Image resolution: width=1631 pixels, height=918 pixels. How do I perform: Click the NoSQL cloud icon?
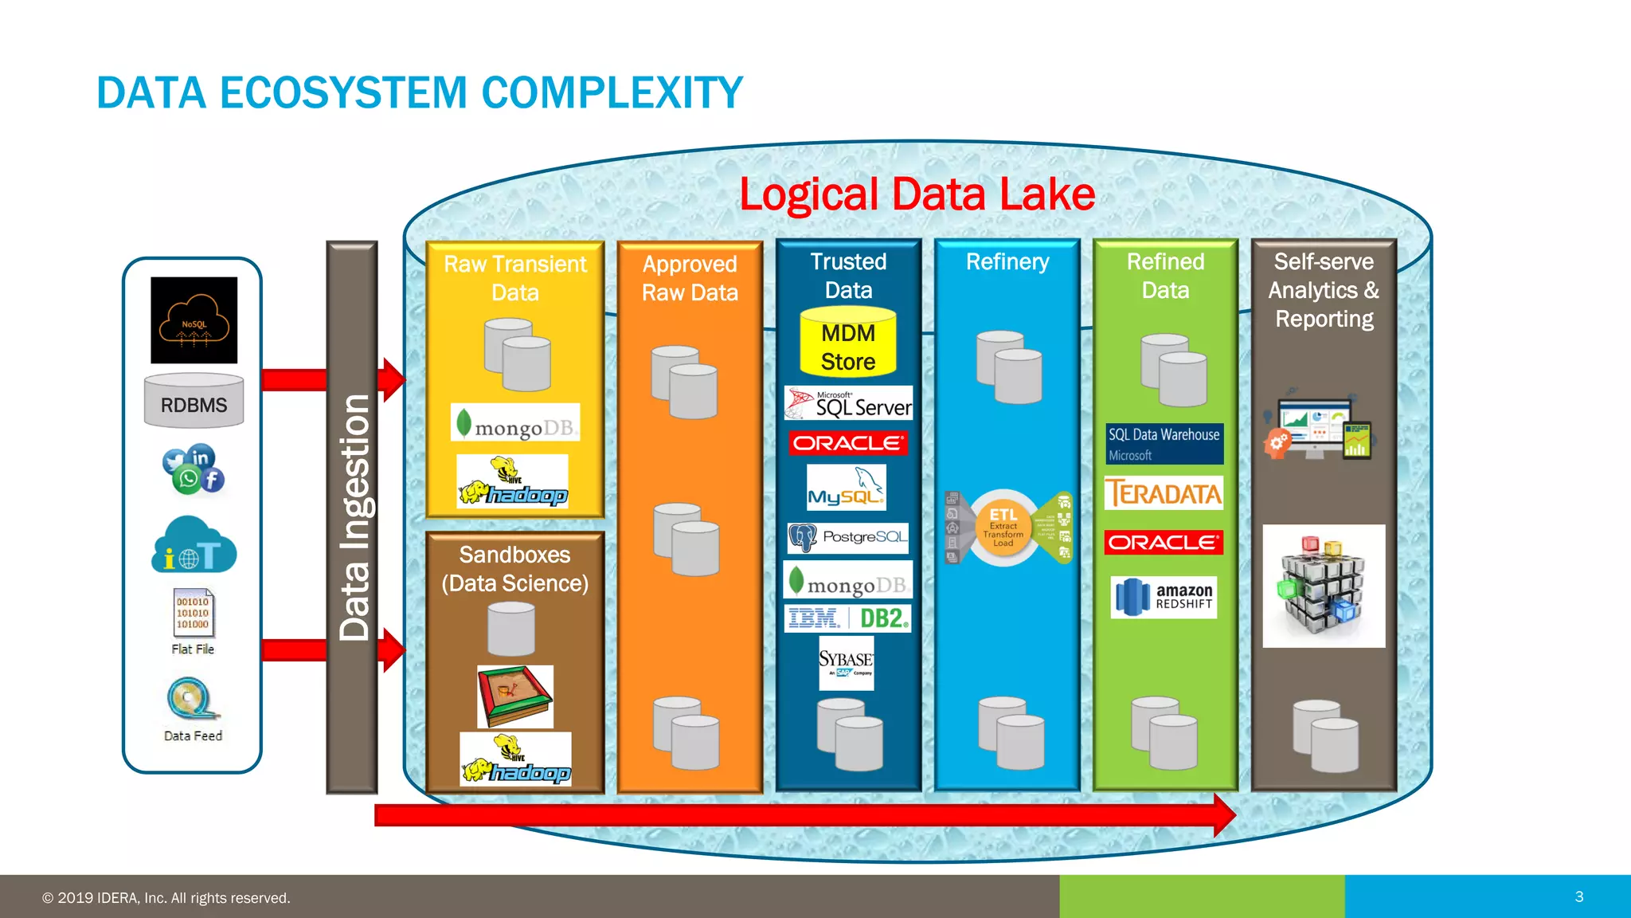pyautogui.click(x=194, y=320)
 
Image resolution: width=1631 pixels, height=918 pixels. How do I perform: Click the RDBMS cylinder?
pyautogui.click(x=194, y=401)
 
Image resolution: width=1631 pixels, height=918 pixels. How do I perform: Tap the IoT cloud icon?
pyautogui.click(x=194, y=546)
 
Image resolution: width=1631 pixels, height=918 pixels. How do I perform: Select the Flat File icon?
pyautogui.click(x=194, y=614)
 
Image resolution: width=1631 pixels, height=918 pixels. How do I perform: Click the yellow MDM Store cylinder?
pyautogui.click(x=848, y=343)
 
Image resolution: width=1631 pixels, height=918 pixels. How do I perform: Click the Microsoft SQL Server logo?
pyautogui.click(x=849, y=403)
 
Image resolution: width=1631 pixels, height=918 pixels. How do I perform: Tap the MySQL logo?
pyautogui.click(x=846, y=488)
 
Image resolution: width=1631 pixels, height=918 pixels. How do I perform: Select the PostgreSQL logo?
pyautogui.click(x=847, y=538)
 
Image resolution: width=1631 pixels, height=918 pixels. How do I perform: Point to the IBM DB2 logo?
pyautogui.click(x=847, y=618)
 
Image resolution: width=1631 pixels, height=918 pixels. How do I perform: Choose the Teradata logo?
pyautogui.click(x=1164, y=493)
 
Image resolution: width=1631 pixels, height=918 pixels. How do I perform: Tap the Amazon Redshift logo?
pyautogui.click(x=1164, y=597)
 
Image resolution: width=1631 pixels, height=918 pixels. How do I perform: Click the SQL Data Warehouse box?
pyautogui.click(x=1164, y=444)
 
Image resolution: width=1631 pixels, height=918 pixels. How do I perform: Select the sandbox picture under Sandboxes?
pyautogui.click(x=514, y=696)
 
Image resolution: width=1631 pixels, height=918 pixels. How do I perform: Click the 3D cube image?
pyautogui.click(x=1324, y=586)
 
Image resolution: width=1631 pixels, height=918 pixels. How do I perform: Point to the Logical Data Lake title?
pyautogui.click(x=917, y=194)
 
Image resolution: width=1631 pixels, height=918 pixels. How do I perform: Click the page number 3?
pyautogui.click(x=1579, y=896)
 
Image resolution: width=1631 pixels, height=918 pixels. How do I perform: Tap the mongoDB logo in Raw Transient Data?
pyautogui.click(x=515, y=423)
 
